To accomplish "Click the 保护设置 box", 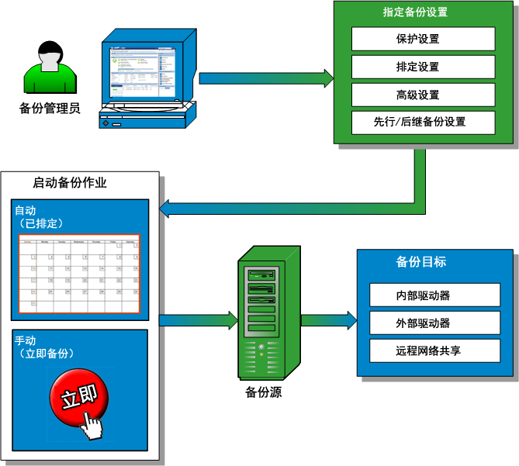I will click(423, 39).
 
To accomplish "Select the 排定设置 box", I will click(423, 67).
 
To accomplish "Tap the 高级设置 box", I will click(423, 95).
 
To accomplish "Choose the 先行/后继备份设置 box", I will click(423, 122).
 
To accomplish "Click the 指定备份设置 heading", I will click(415, 12).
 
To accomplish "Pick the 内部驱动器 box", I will click(423, 295).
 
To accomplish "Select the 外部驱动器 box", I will click(423, 323).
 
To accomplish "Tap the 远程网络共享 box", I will click(423, 350).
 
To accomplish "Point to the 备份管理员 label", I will click(50, 108).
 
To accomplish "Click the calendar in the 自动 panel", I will click(79, 274).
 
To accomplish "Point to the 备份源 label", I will click(262, 393).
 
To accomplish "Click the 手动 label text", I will click(26, 340).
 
